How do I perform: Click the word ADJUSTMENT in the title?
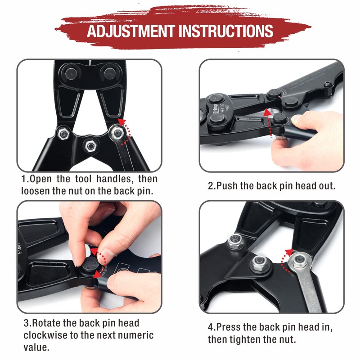[x=130, y=31]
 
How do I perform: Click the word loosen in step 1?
[x=36, y=190]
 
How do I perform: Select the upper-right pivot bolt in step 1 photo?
[x=108, y=72]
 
